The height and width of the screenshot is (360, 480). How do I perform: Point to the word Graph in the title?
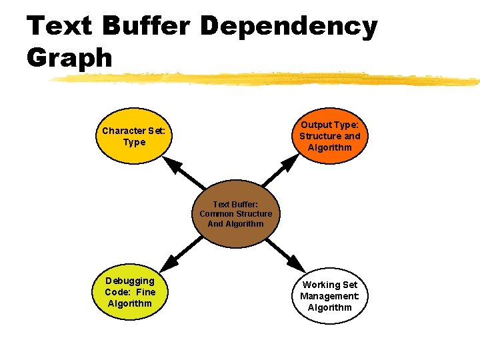point(70,58)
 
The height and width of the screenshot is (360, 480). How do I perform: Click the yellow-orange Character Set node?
point(134,137)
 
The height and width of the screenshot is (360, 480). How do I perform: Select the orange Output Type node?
point(329,136)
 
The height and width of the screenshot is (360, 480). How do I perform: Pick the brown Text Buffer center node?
point(235,213)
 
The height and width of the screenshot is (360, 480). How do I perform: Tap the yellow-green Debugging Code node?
point(129,292)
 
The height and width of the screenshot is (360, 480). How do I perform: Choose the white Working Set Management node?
point(329,296)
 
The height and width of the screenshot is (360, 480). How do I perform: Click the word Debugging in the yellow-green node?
point(129,281)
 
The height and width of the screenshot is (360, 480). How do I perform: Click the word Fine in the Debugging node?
point(145,292)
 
